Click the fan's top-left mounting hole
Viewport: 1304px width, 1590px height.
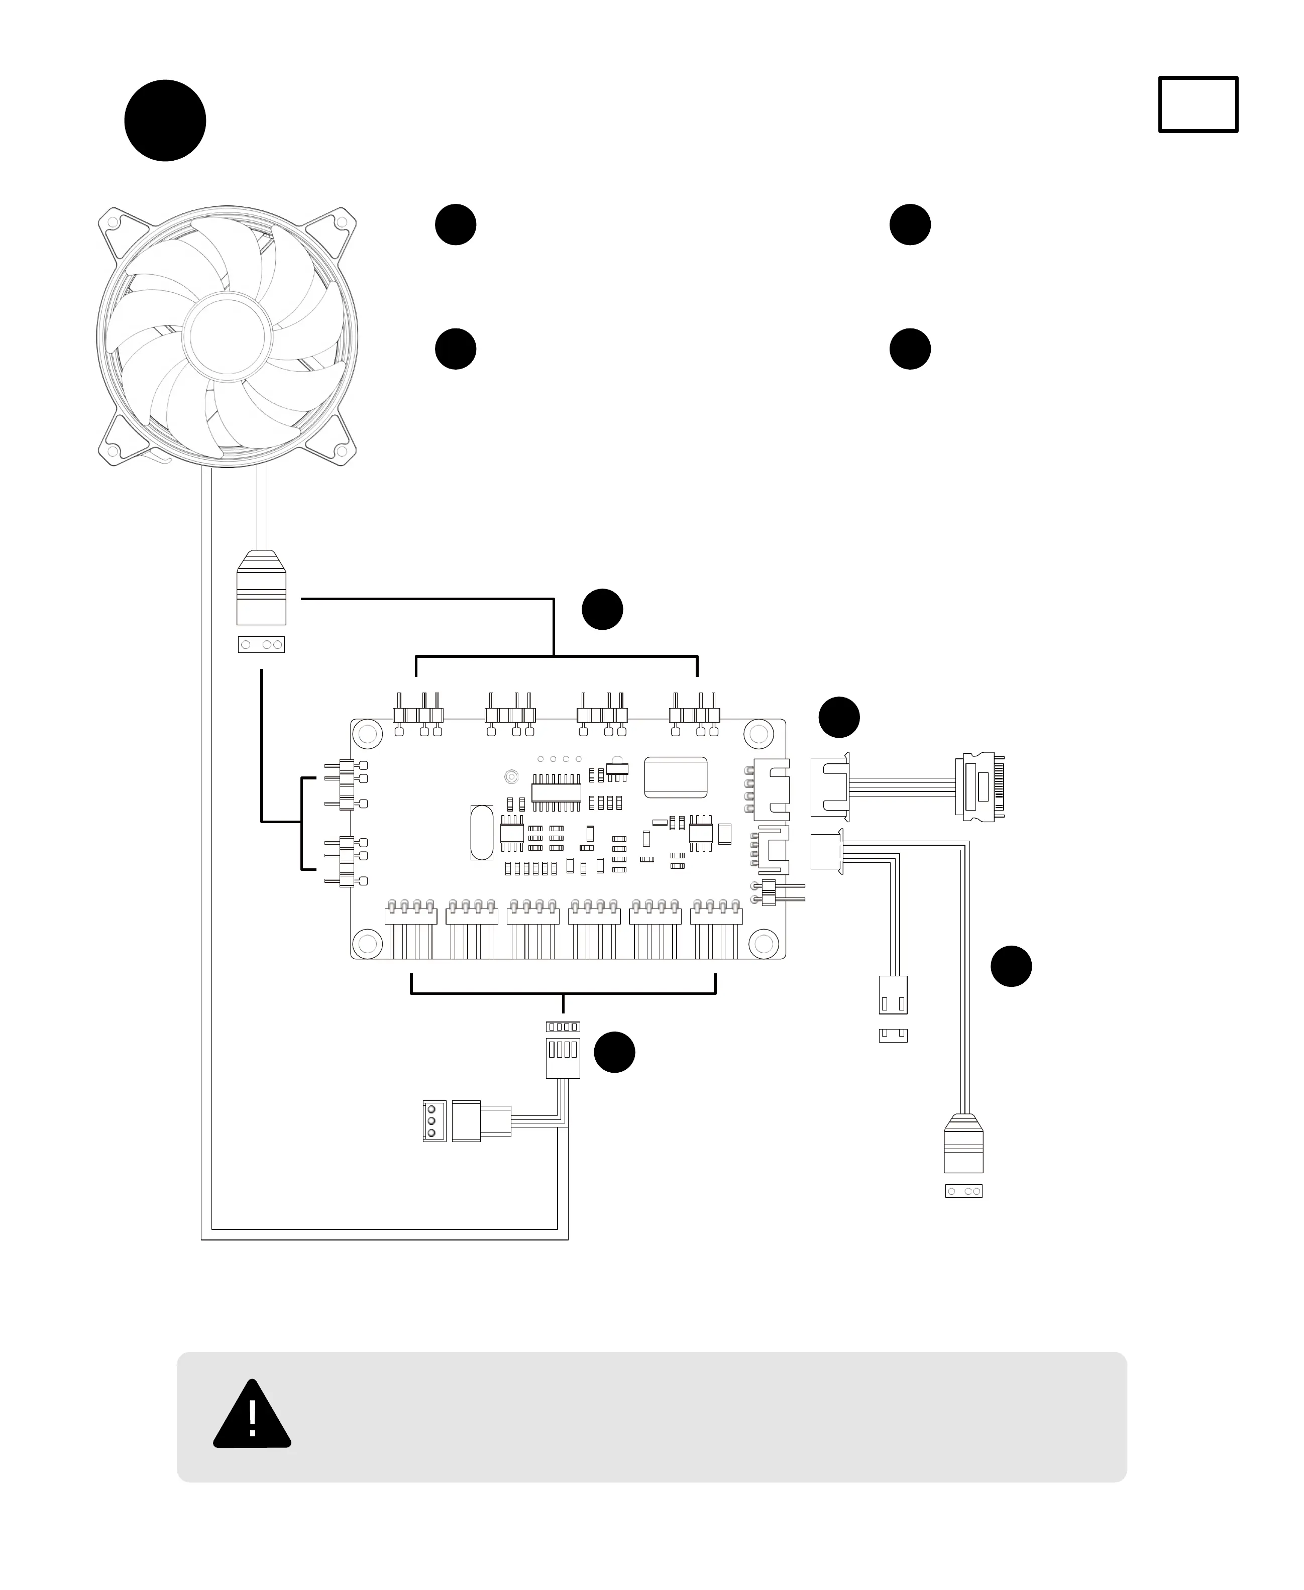113,222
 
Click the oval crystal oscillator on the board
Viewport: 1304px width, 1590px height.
482,832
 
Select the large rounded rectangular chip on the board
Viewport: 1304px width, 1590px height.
675,776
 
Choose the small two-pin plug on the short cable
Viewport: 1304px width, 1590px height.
893,995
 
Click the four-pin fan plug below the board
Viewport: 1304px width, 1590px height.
563,1058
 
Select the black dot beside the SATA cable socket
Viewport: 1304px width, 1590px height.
839,717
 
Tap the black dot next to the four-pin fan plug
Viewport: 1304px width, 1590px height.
614,1052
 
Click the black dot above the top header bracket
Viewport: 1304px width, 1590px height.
602,609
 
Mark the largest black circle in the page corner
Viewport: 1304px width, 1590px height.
165,120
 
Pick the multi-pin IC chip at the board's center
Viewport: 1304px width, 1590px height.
556,792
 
